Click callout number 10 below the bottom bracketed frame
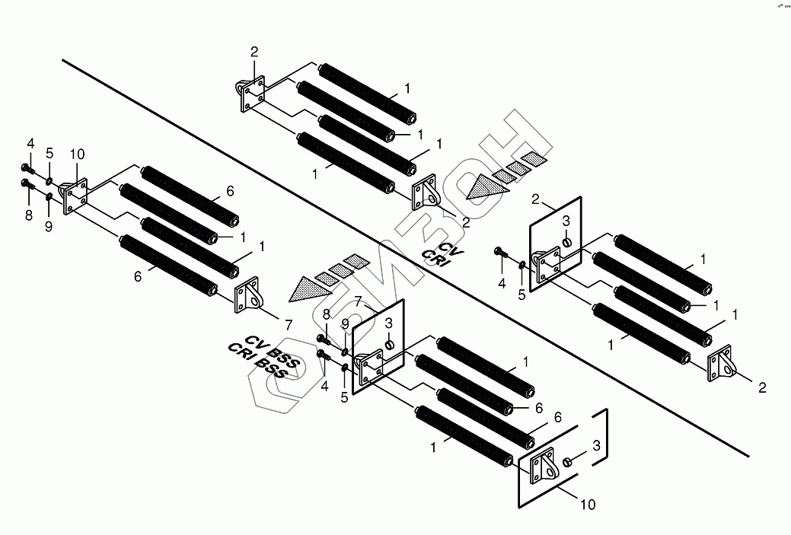tap(588, 504)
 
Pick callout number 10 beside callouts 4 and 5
tap(77, 154)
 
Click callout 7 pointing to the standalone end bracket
tap(289, 324)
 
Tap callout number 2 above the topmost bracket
tap(254, 52)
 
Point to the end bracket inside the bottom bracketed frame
tap(544, 466)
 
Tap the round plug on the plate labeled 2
tap(566, 242)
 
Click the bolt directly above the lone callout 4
tap(499, 251)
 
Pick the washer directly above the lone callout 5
tap(522, 265)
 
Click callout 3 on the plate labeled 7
tap(388, 323)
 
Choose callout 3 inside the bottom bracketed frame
tap(596, 444)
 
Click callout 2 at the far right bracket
tap(762, 387)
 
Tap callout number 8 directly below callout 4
tap(29, 216)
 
